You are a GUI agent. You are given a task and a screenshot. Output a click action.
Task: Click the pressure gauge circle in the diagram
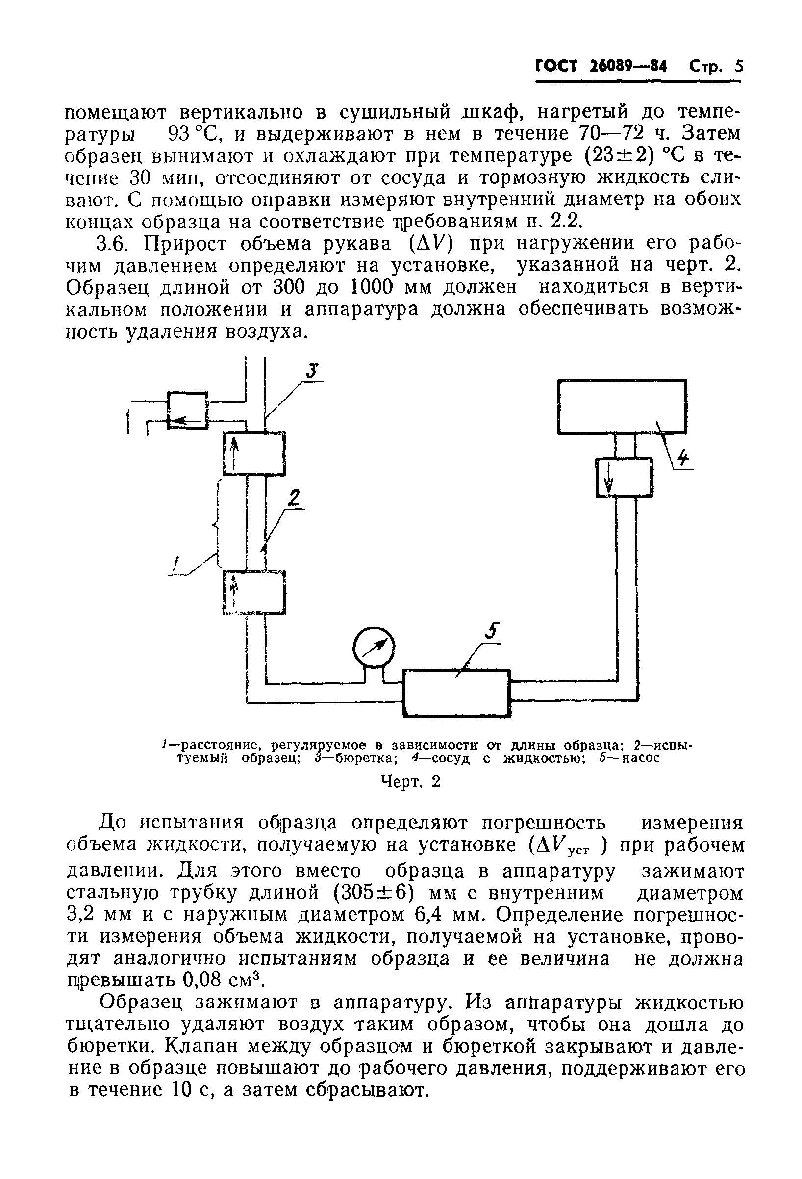click(374, 647)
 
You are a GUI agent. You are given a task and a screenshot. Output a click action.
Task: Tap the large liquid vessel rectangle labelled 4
click(622, 406)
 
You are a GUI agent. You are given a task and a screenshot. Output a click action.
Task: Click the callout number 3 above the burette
click(311, 372)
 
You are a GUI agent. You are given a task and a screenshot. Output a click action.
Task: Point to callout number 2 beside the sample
click(294, 498)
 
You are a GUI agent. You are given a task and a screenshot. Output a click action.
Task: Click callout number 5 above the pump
click(491, 632)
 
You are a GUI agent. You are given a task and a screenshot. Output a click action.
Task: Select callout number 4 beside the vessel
click(683, 459)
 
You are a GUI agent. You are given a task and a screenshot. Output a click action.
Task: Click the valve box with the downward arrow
click(624, 477)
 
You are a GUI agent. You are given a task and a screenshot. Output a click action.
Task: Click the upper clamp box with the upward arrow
click(254, 453)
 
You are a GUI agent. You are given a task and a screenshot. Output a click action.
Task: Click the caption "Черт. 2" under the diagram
click(410, 782)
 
